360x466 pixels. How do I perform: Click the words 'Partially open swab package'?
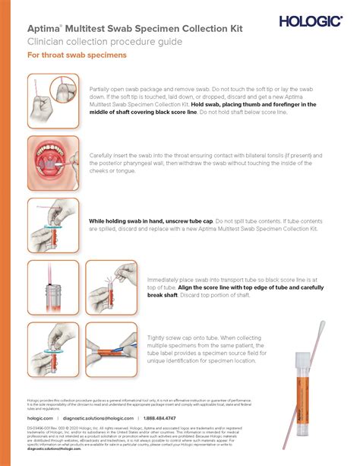point(134,89)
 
